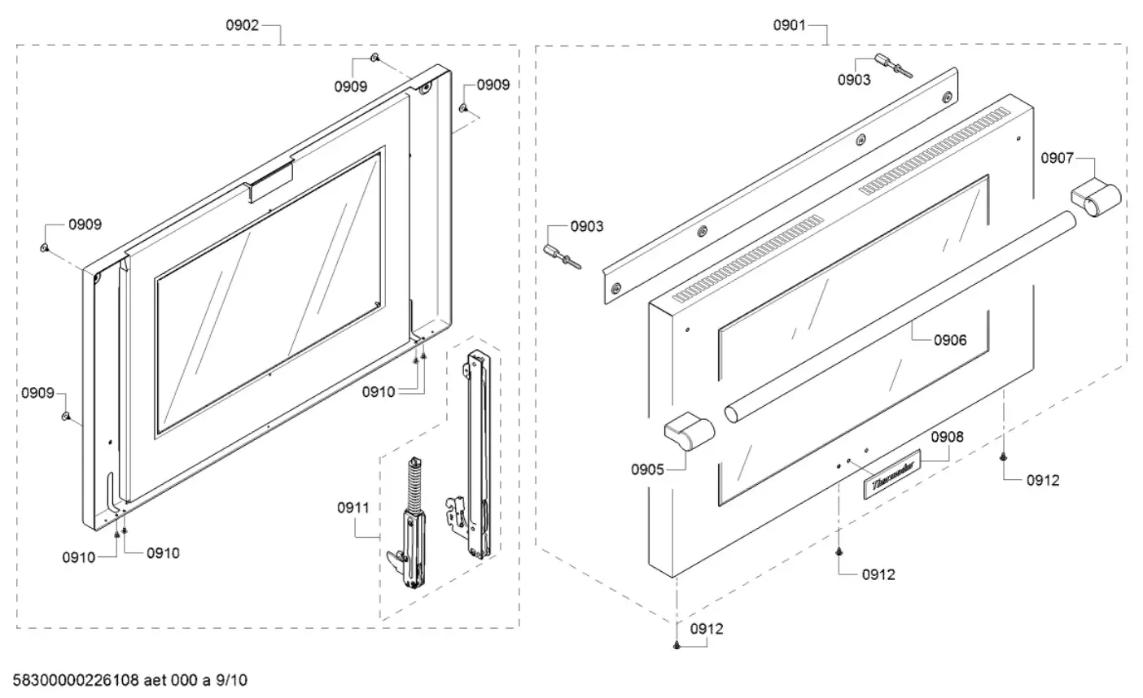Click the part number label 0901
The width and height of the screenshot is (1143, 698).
(x=789, y=25)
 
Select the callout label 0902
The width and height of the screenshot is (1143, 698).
(x=242, y=25)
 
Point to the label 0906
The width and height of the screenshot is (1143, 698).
(x=949, y=340)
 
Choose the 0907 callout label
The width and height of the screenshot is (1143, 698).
(x=1058, y=158)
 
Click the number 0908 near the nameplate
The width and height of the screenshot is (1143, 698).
(x=947, y=437)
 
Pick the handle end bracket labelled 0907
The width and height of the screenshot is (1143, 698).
(x=1093, y=197)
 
